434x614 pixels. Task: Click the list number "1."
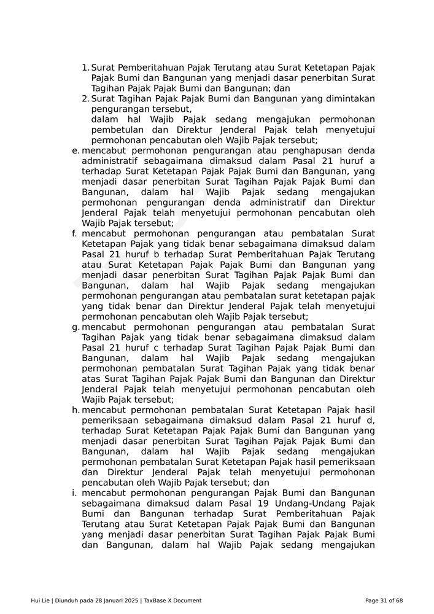pyautogui.click(x=85, y=68)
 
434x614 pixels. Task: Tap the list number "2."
pyautogui.click(x=86, y=99)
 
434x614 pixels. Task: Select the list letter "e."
pyautogui.click(x=76, y=150)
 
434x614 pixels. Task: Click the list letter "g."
pyautogui.click(x=76, y=327)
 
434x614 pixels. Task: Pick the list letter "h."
pyautogui.click(x=76, y=410)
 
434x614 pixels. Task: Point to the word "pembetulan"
pyautogui.click(x=118, y=130)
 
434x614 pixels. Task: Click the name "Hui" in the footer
pyautogui.click(x=36, y=600)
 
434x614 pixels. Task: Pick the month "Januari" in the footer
pyautogui.click(x=111, y=600)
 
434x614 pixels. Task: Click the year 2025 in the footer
pyautogui.click(x=131, y=600)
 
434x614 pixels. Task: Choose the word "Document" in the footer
pyautogui.click(x=187, y=600)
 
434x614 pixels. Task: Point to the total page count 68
pyautogui.click(x=399, y=600)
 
